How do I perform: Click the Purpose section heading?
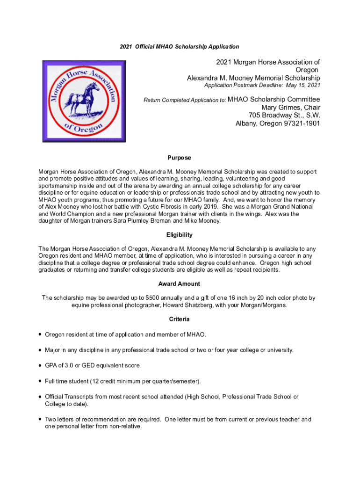pyautogui.click(x=180, y=158)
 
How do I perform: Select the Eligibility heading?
pyautogui.click(x=180, y=235)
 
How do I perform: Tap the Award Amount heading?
pyautogui.click(x=179, y=284)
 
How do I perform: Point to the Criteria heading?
pyautogui.click(x=180, y=319)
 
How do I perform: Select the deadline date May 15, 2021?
pyautogui.click(x=302, y=86)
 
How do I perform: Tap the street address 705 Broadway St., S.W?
pyautogui.click(x=279, y=116)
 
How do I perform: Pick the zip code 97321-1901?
pyautogui.click(x=302, y=124)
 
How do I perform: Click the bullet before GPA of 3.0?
pyautogui.click(x=41, y=365)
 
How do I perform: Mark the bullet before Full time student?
pyautogui.click(x=41, y=381)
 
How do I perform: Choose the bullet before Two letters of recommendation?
pyautogui.click(x=41, y=420)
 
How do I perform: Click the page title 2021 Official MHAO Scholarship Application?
pyautogui.click(x=180, y=47)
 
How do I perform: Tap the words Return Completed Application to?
pyautogui.click(x=185, y=100)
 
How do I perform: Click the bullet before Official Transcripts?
pyautogui.click(x=41, y=397)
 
